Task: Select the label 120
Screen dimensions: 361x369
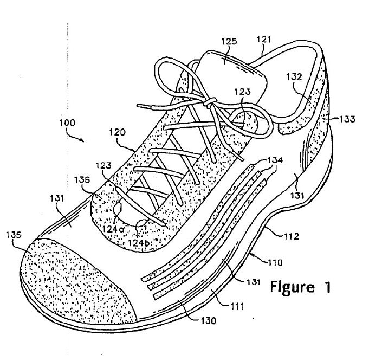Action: pyautogui.click(x=118, y=132)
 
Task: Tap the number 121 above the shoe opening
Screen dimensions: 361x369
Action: pyautogui.click(x=264, y=39)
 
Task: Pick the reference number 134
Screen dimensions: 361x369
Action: pyautogui.click(x=276, y=161)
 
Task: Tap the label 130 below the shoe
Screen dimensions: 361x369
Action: pyautogui.click(x=208, y=320)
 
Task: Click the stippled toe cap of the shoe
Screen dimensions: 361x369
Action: pyautogui.click(x=70, y=276)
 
